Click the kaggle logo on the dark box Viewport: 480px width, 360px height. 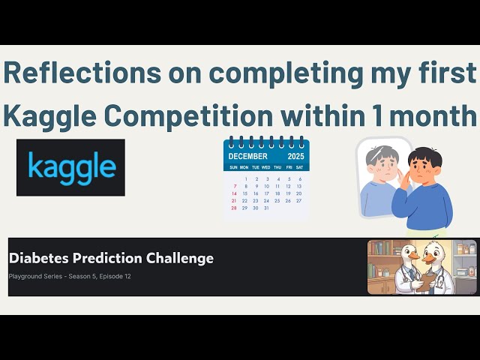(x=71, y=166)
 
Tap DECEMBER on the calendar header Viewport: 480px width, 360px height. (x=248, y=157)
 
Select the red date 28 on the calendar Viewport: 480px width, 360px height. (x=234, y=208)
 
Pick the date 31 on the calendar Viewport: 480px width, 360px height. (x=266, y=208)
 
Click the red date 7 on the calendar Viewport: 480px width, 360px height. (x=234, y=185)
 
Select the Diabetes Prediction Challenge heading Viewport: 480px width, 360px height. (x=111, y=258)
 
